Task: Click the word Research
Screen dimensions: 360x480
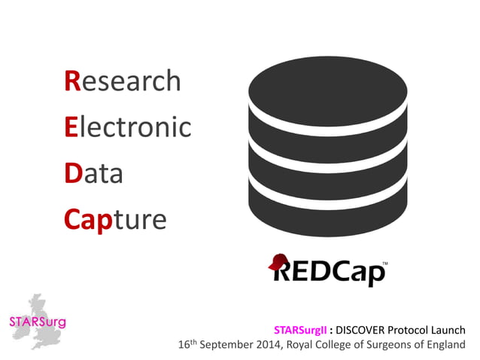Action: (123, 81)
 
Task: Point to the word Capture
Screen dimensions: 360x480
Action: (115, 219)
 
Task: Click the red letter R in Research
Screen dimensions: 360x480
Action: (72, 81)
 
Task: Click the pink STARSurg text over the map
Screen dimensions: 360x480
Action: (38, 322)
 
